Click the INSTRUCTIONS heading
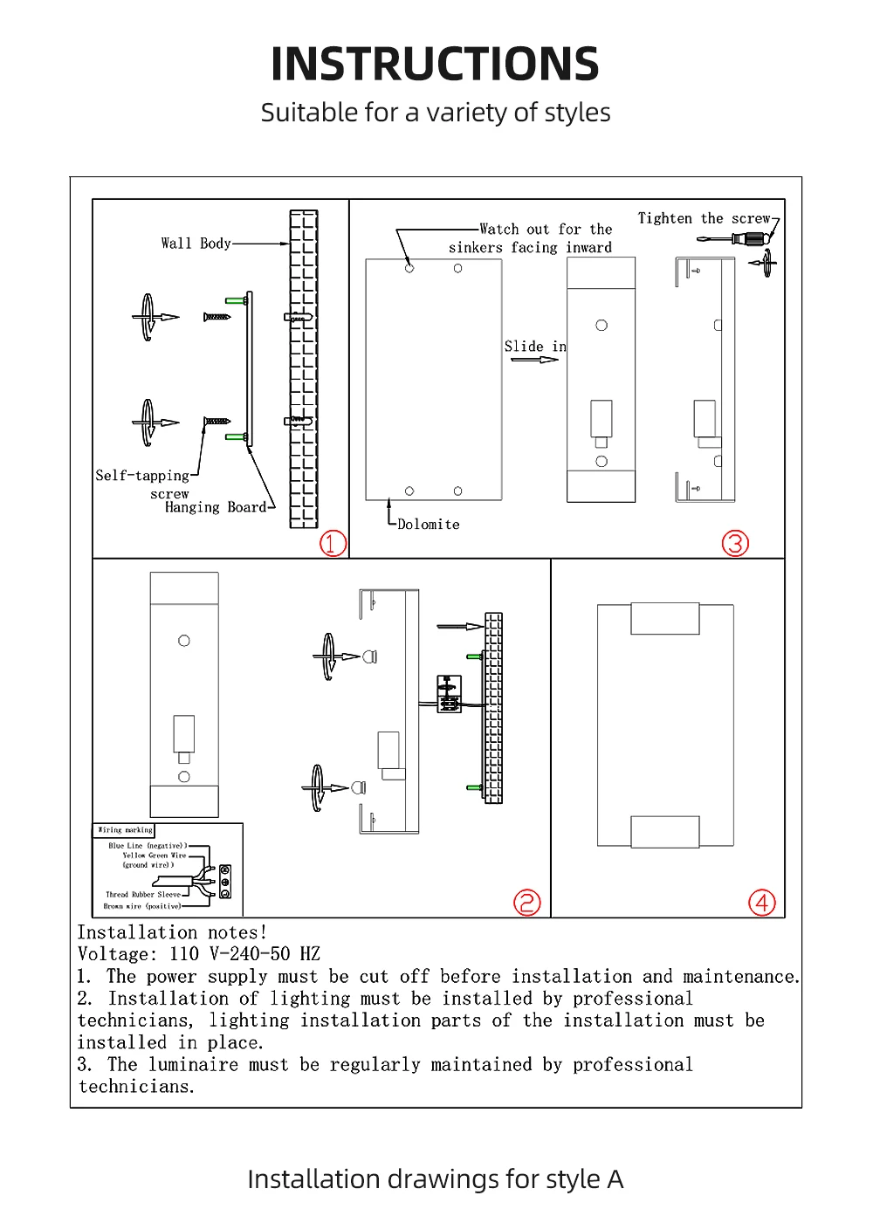coord(435,65)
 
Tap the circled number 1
coord(333,543)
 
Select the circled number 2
coord(527,903)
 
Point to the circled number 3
coord(735,543)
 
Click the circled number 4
coord(762,903)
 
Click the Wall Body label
coord(196,244)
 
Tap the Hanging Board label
coord(216,507)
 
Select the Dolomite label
coord(428,525)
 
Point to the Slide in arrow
coord(534,360)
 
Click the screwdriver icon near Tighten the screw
coord(752,237)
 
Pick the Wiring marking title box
coord(125,830)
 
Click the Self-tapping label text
coord(142,476)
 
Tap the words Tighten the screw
coord(704,218)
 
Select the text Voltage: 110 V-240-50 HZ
coord(198,954)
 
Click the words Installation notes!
coord(172,932)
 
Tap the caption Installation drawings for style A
coord(435,1179)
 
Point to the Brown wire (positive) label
coord(142,906)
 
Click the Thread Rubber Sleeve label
coord(143,895)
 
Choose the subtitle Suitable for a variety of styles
coord(435,113)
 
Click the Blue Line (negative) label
coord(147,846)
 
